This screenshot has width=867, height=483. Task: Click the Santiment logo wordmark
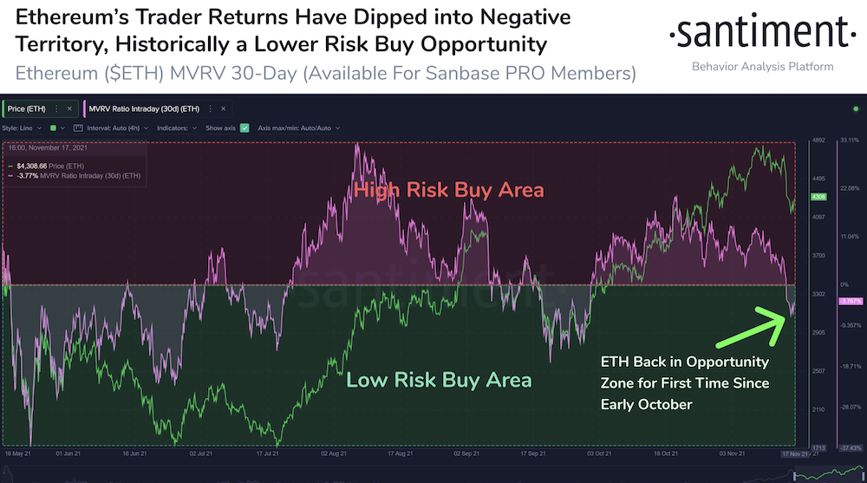(x=751, y=35)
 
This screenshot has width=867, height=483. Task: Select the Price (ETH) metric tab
(x=27, y=108)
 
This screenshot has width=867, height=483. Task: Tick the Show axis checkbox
(x=244, y=127)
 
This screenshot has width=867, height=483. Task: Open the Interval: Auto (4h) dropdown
(x=111, y=127)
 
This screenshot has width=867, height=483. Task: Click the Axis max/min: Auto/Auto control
(x=299, y=127)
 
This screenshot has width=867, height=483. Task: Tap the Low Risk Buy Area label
(x=438, y=380)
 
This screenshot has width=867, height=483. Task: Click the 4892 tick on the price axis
(x=818, y=140)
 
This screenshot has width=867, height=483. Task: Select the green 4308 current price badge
(x=818, y=198)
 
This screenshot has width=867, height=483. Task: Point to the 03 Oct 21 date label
(x=597, y=454)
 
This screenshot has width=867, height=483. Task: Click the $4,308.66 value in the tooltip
(x=31, y=166)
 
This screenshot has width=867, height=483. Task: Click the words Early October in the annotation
(x=646, y=404)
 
